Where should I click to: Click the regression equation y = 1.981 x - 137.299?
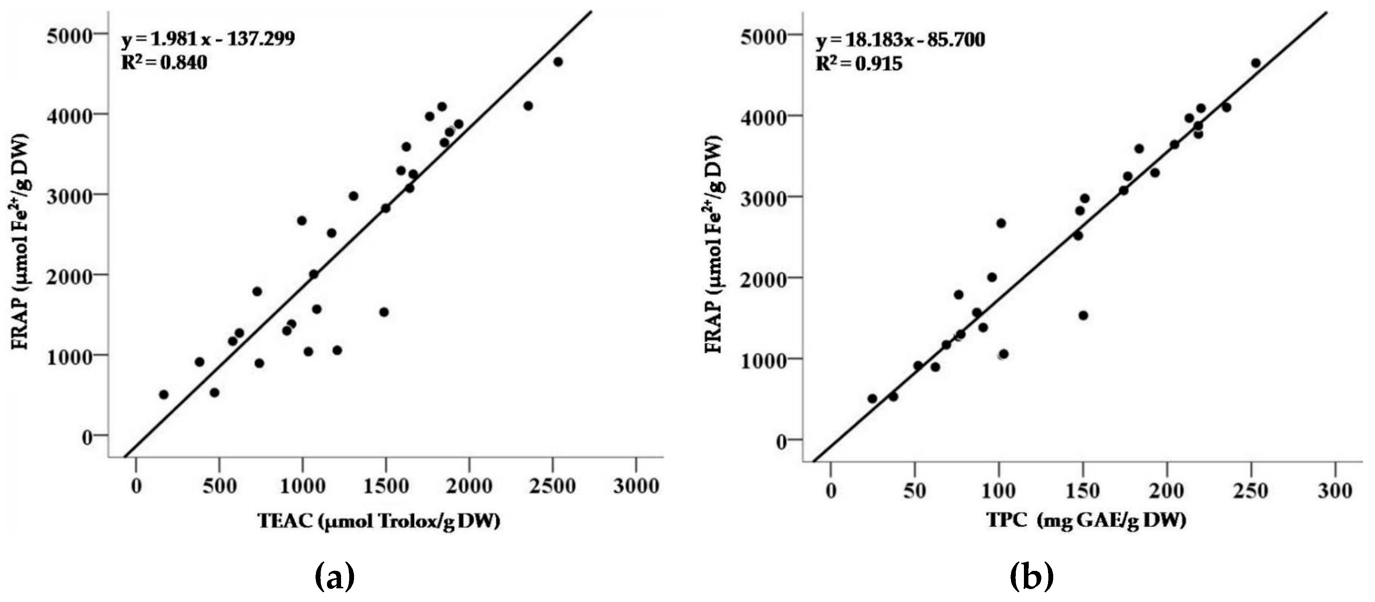208,39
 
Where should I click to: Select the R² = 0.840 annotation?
164,63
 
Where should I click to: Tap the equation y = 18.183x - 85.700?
900,40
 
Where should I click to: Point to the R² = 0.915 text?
858,64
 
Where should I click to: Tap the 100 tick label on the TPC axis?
998,490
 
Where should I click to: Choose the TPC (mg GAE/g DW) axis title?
1086,520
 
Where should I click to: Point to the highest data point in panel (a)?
558,62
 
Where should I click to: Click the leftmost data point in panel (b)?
872,399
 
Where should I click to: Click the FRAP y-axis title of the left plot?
20,242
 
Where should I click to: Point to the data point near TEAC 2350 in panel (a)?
528,106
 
